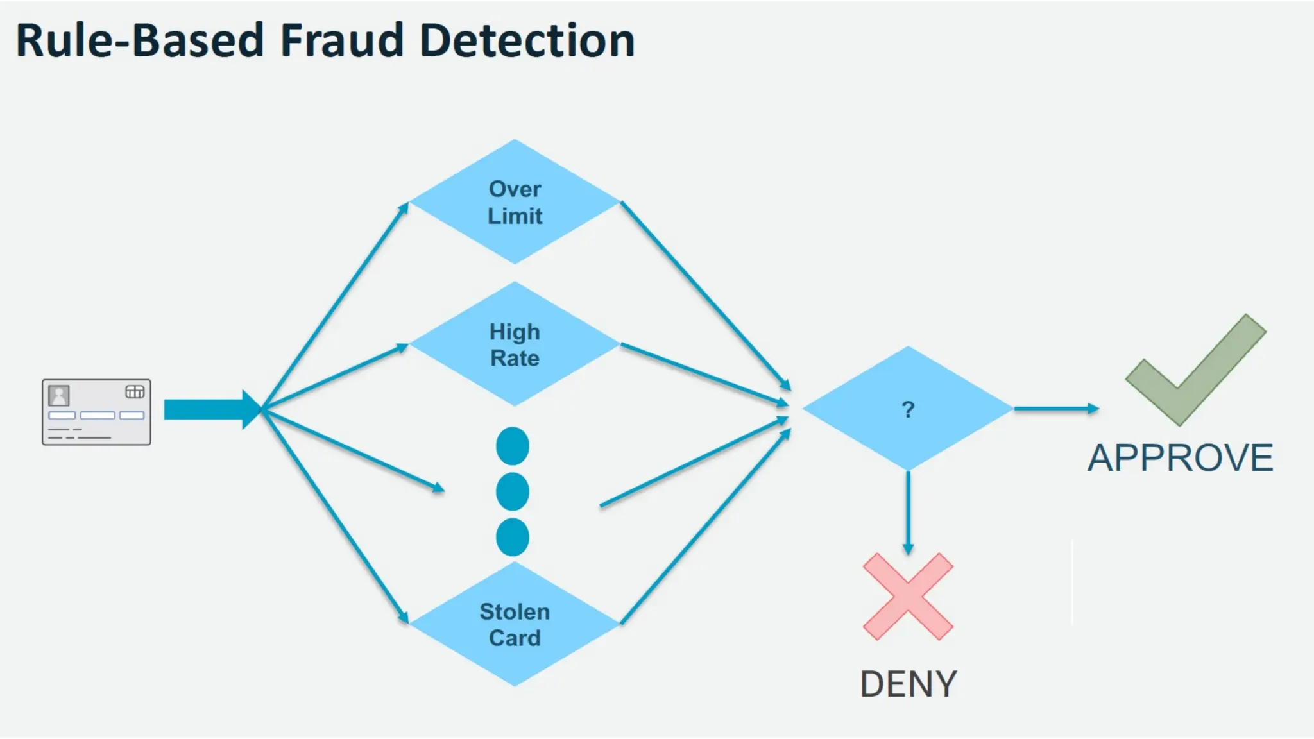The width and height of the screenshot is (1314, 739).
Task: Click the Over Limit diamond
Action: tap(515, 202)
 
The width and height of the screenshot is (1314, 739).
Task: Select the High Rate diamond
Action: tap(515, 344)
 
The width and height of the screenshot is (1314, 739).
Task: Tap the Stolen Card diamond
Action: tap(515, 624)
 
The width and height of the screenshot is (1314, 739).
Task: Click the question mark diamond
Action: tap(907, 409)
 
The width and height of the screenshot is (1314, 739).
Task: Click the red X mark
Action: tap(908, 597)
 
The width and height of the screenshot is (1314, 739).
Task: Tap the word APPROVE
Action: tap(1180, 458)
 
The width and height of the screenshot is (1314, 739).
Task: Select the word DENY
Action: tap(908, 684)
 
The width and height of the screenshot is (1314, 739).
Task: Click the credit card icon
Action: tap(96, 412)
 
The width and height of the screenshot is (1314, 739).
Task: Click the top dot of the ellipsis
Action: tap(513, 446)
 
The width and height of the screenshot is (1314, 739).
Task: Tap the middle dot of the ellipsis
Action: tap(513, 492)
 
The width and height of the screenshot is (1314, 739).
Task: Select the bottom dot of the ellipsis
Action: tap(513, 537)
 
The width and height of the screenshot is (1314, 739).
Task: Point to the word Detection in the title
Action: tap(527, 40)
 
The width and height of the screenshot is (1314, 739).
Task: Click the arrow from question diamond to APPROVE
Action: tap(1055, 409)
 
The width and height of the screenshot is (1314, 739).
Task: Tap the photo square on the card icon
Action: tap(59, 395)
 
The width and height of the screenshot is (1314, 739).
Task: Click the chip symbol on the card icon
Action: tap(135, 392)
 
